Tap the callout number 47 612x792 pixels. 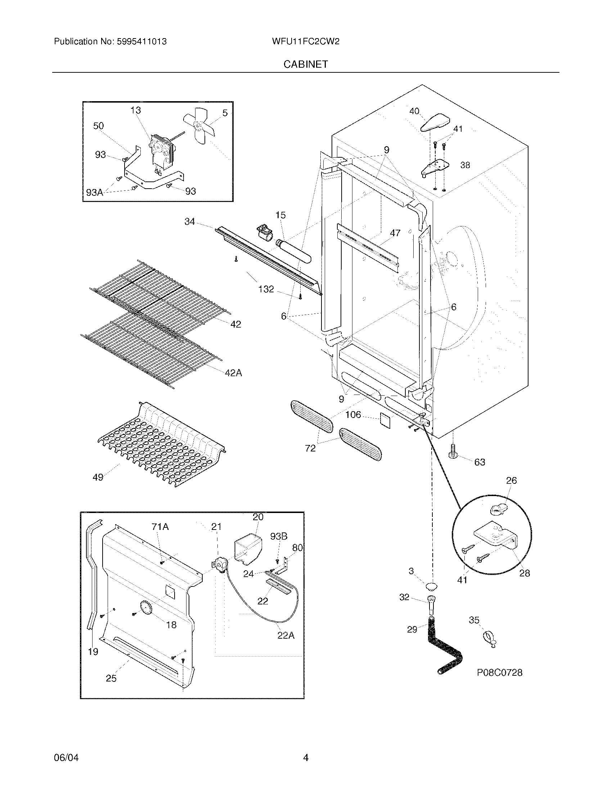[395, 233]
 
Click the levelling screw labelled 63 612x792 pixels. [453, 450]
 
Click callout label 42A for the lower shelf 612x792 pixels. [233, 373]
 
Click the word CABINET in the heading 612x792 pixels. [306, 64]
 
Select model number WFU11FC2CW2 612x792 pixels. [305, 41]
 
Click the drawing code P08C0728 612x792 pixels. [499, 673]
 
